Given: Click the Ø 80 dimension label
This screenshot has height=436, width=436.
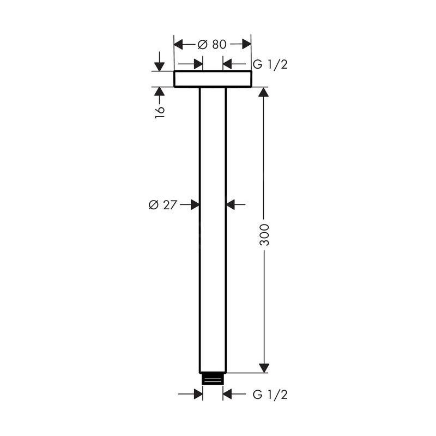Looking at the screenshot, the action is point(212,44).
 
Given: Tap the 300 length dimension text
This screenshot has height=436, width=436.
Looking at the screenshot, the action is point(264,235).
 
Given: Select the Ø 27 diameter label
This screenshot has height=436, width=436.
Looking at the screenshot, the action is point(162,205).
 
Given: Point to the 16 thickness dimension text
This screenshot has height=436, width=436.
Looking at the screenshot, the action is point(160,112).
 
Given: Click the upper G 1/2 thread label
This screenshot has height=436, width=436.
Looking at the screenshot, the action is point(270,64).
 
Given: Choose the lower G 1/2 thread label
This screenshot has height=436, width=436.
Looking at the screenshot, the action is point(270,395).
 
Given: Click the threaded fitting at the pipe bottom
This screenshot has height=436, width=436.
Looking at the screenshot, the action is point(213,379).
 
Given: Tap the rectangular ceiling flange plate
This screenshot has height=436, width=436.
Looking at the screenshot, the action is point(213,79).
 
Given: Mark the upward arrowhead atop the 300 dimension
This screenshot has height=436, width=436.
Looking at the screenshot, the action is point(264,92).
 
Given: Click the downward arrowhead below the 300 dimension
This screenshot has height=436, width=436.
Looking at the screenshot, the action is point(264,368).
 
